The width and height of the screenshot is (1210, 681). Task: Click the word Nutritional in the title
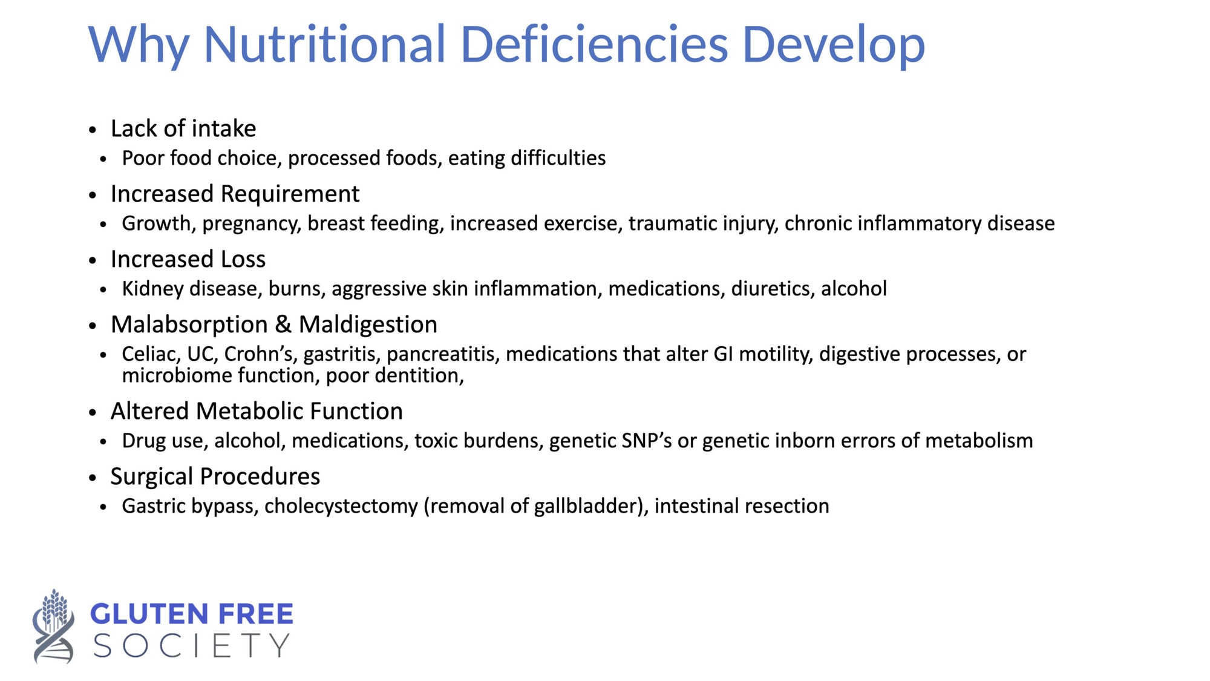(x=325, y=44)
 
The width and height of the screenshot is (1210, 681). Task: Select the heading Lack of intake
(x=183, y=128)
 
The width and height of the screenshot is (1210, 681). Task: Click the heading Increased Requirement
(x=235, y=194)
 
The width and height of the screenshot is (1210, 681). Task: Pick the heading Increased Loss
(x=188, y=259)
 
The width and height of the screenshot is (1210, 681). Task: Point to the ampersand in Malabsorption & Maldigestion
(x=283, y=324)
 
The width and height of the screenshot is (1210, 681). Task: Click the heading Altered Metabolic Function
(x=257, y=411)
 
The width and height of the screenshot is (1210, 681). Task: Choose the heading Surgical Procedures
(x=215, y=477)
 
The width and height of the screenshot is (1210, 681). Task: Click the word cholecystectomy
(x=341, y=507)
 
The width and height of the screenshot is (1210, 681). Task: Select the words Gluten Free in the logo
(x=192, y=614)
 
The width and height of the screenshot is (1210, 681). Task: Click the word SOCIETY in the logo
(x=191, y=646)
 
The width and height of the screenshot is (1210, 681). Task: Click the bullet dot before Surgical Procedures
(x=93, y=478)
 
